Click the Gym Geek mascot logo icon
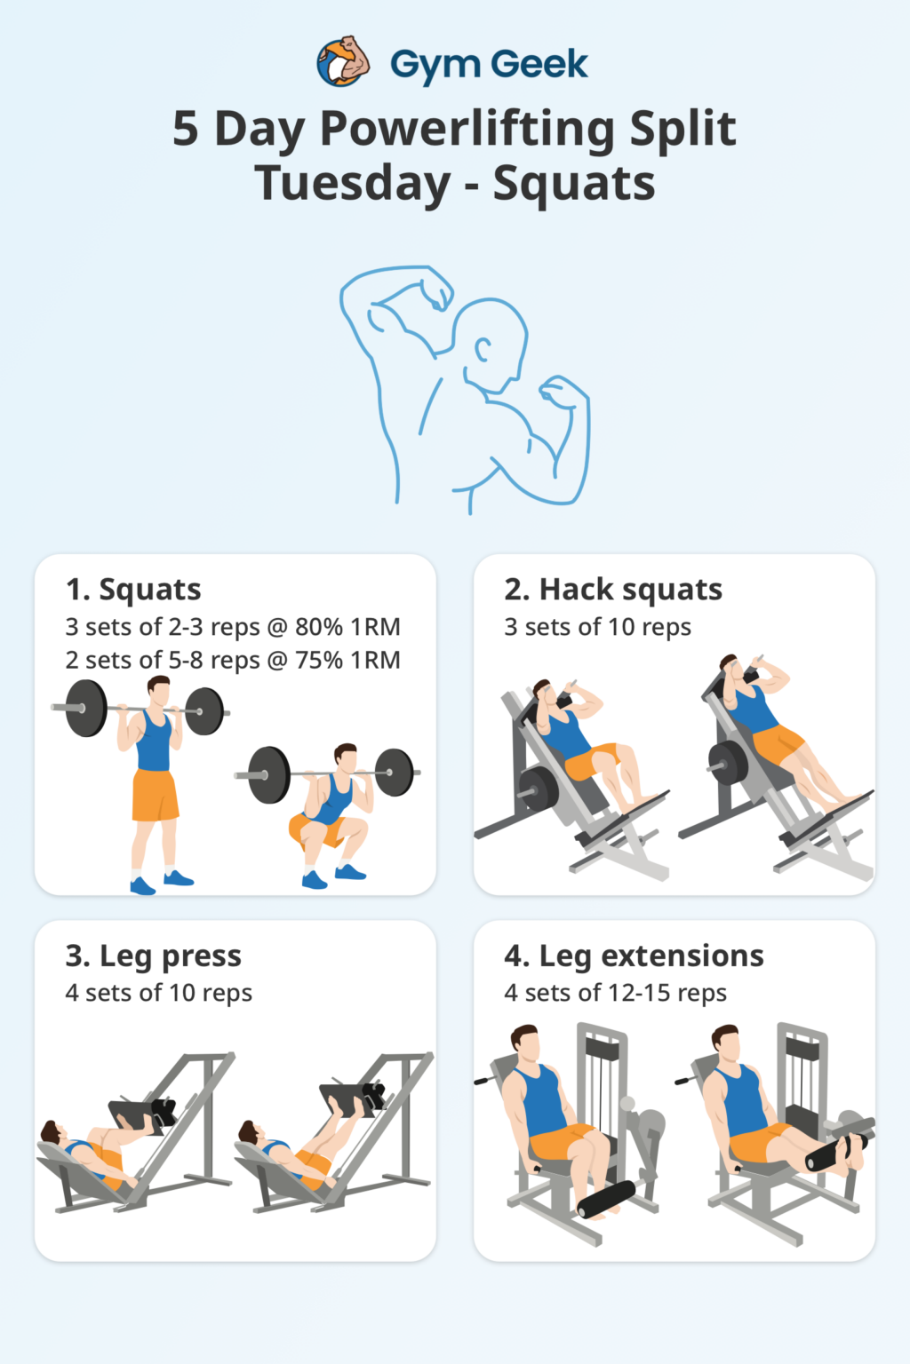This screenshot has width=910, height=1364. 343,62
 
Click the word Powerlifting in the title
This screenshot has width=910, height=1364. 467,129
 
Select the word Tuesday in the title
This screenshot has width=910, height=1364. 353,184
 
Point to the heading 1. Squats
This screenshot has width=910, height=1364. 133,590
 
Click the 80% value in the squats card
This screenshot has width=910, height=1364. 318,627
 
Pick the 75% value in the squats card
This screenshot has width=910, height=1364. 318,661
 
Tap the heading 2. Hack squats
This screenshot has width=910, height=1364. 613,590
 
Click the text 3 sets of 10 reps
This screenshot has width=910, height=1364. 597,627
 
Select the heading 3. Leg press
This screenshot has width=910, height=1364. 153,956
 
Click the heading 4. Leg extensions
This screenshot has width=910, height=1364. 634,956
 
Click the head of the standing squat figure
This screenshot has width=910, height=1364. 158,691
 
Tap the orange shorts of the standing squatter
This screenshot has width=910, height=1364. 155,795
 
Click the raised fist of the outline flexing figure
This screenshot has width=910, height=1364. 435,288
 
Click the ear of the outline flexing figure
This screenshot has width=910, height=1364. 482,349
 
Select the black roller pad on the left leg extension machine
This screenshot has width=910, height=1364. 606,1199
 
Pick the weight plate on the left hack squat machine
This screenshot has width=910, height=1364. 539,788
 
